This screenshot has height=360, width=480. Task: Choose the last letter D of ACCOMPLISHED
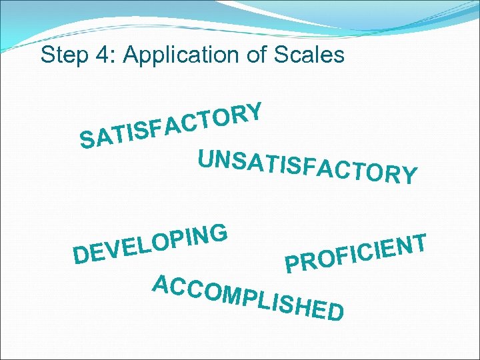335,312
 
